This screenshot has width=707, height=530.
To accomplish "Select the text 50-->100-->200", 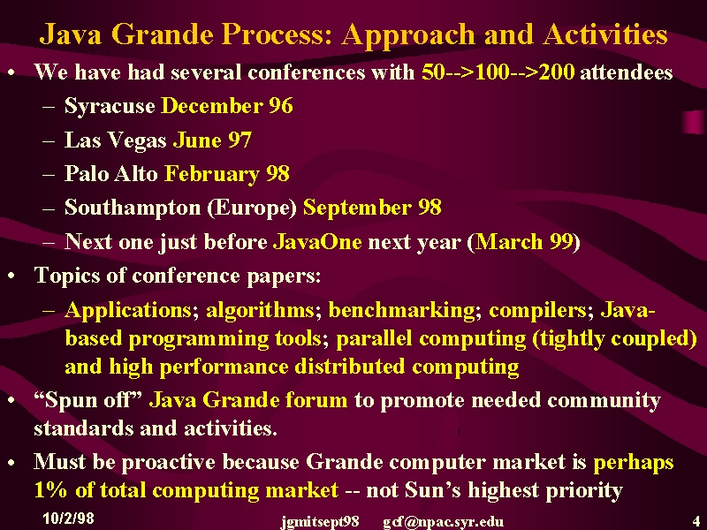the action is tap(498, 72).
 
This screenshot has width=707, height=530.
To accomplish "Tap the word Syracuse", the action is tap(110, 106).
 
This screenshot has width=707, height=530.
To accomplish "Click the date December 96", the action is tap(227, 105).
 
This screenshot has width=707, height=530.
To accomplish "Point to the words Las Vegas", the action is tap(116, 140).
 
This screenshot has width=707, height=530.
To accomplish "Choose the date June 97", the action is tap(212, 140).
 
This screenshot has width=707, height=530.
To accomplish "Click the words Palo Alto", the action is tap(111, 173).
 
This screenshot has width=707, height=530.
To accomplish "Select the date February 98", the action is tap(227, 174).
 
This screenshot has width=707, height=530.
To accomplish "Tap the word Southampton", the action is tap(133, 208).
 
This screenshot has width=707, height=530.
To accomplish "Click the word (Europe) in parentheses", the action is tap(252, 208).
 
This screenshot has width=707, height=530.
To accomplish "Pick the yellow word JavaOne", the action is tap(317, 241).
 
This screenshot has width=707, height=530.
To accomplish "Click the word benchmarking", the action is tap(402, 310).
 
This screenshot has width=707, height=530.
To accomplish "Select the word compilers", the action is tap(538, 311).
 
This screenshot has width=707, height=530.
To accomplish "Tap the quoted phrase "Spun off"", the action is tap(88, 400).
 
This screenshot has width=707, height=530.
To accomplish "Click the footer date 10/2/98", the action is tap(69, 519).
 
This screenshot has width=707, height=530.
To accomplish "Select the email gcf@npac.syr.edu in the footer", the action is tap(444, 522).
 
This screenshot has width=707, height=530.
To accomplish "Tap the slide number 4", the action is tap(696, 520).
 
